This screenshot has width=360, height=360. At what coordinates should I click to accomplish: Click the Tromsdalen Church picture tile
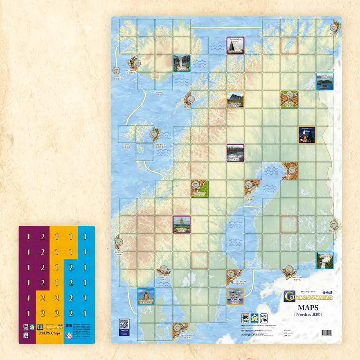pyautogui.click(x=235, y=45)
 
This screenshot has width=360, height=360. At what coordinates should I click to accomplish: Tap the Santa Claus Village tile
pyautogui.click(x=306, y=135)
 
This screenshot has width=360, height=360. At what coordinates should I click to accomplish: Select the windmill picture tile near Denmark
pyautogui.click(x=146, y=296)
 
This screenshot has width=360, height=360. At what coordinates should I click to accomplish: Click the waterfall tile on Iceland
pyautogui.click(x=181, y=63)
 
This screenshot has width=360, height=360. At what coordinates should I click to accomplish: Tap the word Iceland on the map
pyautogui.click(x=159, y=92)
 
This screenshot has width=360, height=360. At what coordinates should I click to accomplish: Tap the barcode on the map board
pyautogui.click(x=327, y=333)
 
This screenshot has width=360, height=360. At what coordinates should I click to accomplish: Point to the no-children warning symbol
pyautogui.click(x=69, y=336)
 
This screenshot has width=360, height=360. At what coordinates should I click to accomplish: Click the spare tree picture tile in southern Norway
pyautogui.click(x=181, y=225)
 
